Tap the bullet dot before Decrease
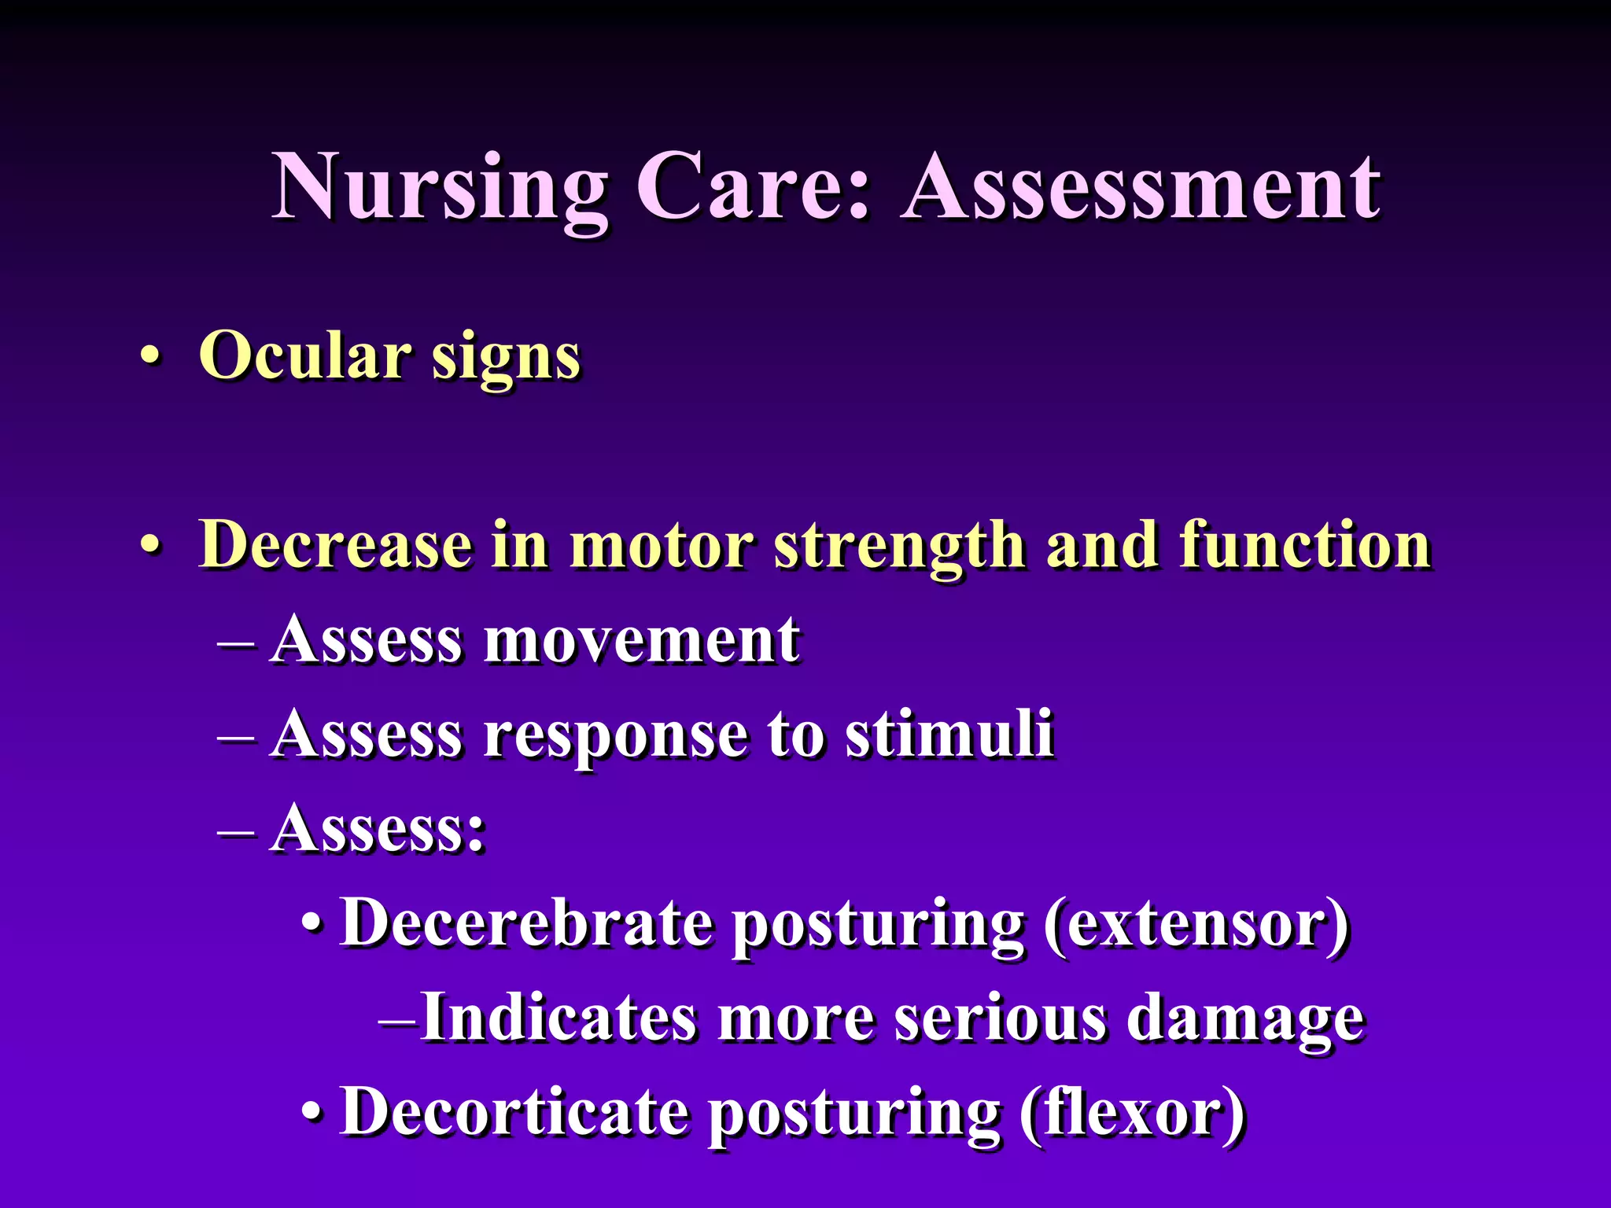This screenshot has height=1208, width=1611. point(151,544)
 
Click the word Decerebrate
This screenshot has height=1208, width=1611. point(526,922)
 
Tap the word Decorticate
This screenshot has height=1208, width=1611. point(514,1111)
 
